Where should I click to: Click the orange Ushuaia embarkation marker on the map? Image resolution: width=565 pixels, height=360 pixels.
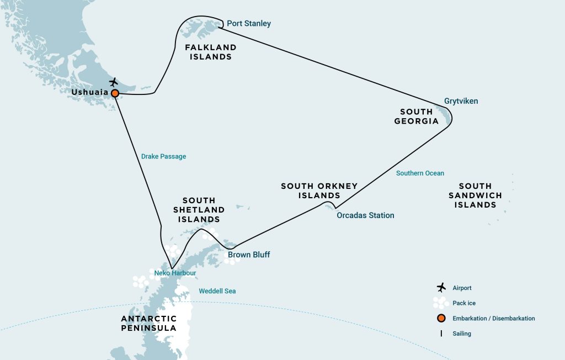click(115, 93)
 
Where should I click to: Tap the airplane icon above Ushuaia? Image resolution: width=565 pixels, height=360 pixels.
click(114, 82)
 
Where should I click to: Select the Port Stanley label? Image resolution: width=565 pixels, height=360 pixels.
click(249, 24)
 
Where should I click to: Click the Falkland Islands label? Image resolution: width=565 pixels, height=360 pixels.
click(210, 52)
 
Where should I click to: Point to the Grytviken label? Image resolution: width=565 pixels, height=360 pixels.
click(461, 101)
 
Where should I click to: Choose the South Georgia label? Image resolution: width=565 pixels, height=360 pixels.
click(417, 116)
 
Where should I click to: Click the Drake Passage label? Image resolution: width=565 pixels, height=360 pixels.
click(163, 156)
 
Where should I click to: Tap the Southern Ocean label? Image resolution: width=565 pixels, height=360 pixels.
click(420, 173)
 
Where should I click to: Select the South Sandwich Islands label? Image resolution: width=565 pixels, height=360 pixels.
click(475, 195)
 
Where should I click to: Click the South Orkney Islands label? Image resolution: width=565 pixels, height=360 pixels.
click(319, 190)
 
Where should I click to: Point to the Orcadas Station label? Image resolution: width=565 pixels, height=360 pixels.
click(365, 215)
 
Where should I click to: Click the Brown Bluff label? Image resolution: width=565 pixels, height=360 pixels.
click(249, 255)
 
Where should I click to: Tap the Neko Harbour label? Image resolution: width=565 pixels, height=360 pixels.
click(175, 273)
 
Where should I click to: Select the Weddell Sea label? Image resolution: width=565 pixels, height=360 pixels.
click(217, 291)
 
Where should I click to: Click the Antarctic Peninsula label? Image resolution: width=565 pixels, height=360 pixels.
click(149, 324)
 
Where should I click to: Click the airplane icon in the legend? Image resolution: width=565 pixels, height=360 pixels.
click(441, 288)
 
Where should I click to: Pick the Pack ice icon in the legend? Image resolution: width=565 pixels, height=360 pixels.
click(440, 303)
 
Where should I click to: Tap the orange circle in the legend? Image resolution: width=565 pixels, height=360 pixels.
click(441, 319)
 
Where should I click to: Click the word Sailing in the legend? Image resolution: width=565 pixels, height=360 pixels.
click(462, 333)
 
